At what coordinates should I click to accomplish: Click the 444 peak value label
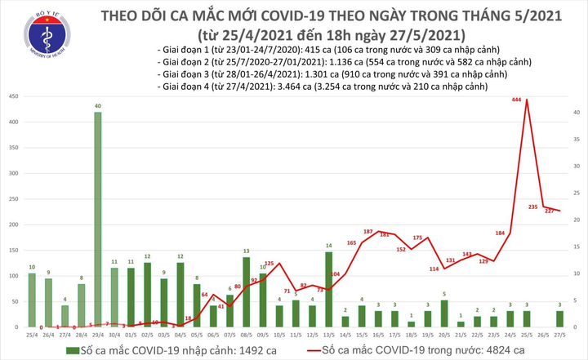click(x=517, y=100)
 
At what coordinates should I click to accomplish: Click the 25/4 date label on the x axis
click(x=31, y=334)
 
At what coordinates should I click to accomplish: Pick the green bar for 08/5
click(x=246, y=292)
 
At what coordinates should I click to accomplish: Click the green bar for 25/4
click(x=31, y=300)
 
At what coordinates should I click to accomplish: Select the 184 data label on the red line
click(x=500, y=233)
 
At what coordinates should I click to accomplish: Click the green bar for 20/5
click(x=443, y=313)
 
